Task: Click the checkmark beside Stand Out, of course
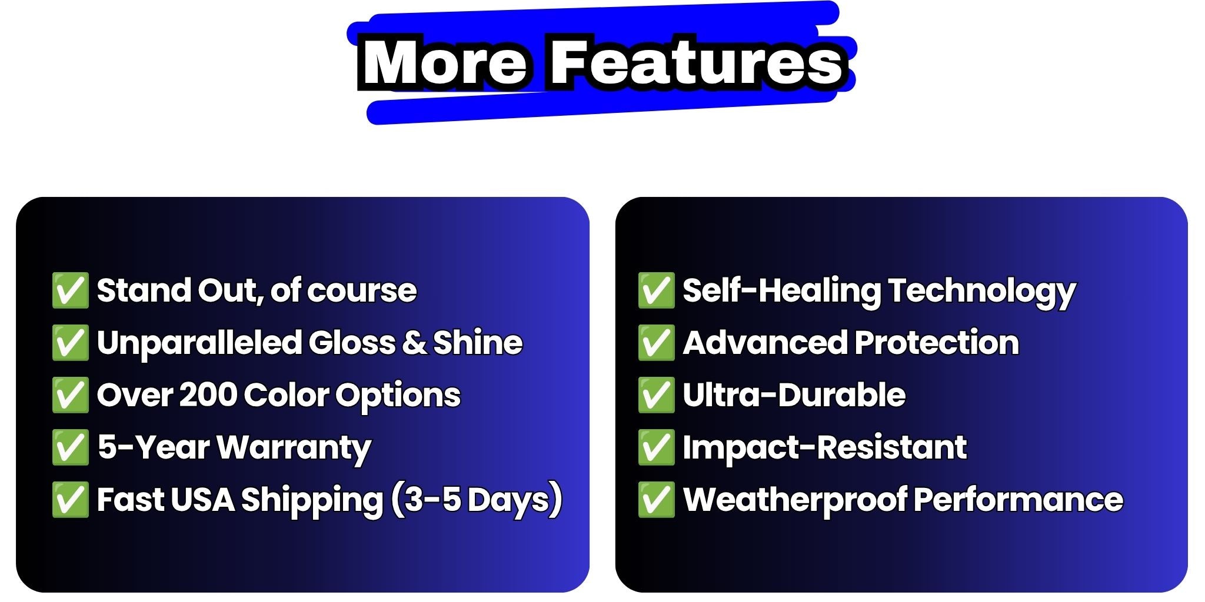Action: [x=70, y=290]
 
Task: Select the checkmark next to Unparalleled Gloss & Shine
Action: [x=70, y=342]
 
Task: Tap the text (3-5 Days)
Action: [x=476, y=500]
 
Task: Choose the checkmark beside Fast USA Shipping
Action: [x=70, y=500]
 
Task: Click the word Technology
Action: [x=981, y=292]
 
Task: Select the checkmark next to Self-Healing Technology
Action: [x=656, y=290]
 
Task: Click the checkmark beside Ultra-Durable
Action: [x=656, y=394]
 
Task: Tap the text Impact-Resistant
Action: [x=824, y=448]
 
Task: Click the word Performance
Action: [x=1018, y=500]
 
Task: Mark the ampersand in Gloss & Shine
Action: [x=414, y=343]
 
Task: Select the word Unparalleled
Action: [x=199, y=343]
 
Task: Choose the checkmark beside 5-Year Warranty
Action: [x=70, y=447]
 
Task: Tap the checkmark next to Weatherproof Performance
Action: [x=656, y=500]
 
